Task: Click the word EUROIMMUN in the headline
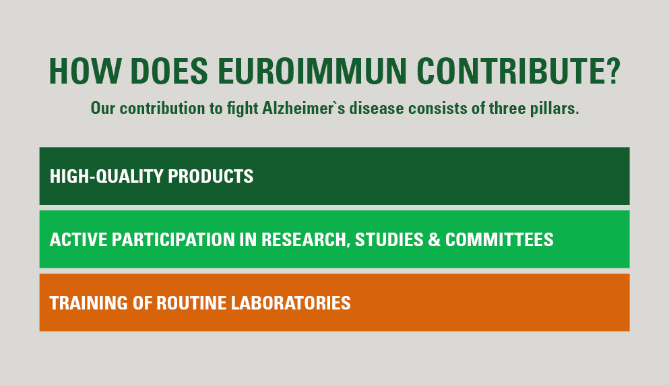click(313, 71)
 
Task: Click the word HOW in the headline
click(84, 71)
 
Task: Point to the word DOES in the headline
click(169, 71)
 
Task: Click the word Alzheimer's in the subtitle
click(303, 109)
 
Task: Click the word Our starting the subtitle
click(103, 109)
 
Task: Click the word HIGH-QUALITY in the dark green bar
click(106, 176)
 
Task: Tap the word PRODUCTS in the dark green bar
click(211, 176)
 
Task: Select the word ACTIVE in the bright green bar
click(79, 239)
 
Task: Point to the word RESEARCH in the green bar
click(305, 240)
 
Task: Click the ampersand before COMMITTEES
click(434, 239)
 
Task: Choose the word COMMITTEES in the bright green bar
click(499, 239)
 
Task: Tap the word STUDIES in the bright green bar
click(389, 239)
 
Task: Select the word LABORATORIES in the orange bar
click(290, 303)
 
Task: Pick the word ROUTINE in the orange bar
click(191, 303)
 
